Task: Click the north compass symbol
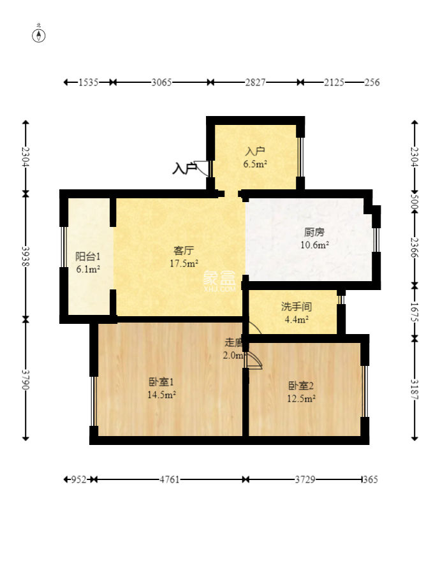tap(39, 35)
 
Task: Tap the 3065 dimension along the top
tap(161, 82)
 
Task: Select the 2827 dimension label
tap(255, 82)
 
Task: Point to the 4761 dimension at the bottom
tap(170, 479)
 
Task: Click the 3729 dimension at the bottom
tap(305, 479)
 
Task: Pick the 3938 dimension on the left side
tap(25, 256)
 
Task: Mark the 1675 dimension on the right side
tap(414, 312)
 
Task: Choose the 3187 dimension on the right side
tap(414, 389)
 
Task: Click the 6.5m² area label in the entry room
tap(255, 164)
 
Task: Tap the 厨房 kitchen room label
tap(314, 232)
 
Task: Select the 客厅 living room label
tap(184, 251)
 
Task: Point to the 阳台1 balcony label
tap(88, 256)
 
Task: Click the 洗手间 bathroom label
tap(297, 307)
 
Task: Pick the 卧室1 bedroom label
tap(161, 382)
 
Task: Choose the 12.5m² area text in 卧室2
tap(301, 398)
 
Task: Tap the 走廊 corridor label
tap(234, 343)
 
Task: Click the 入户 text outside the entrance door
tap(184, 168)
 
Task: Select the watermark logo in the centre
tap(219, 281)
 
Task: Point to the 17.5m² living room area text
tap(184, 264)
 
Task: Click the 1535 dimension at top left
tap(89, 82)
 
